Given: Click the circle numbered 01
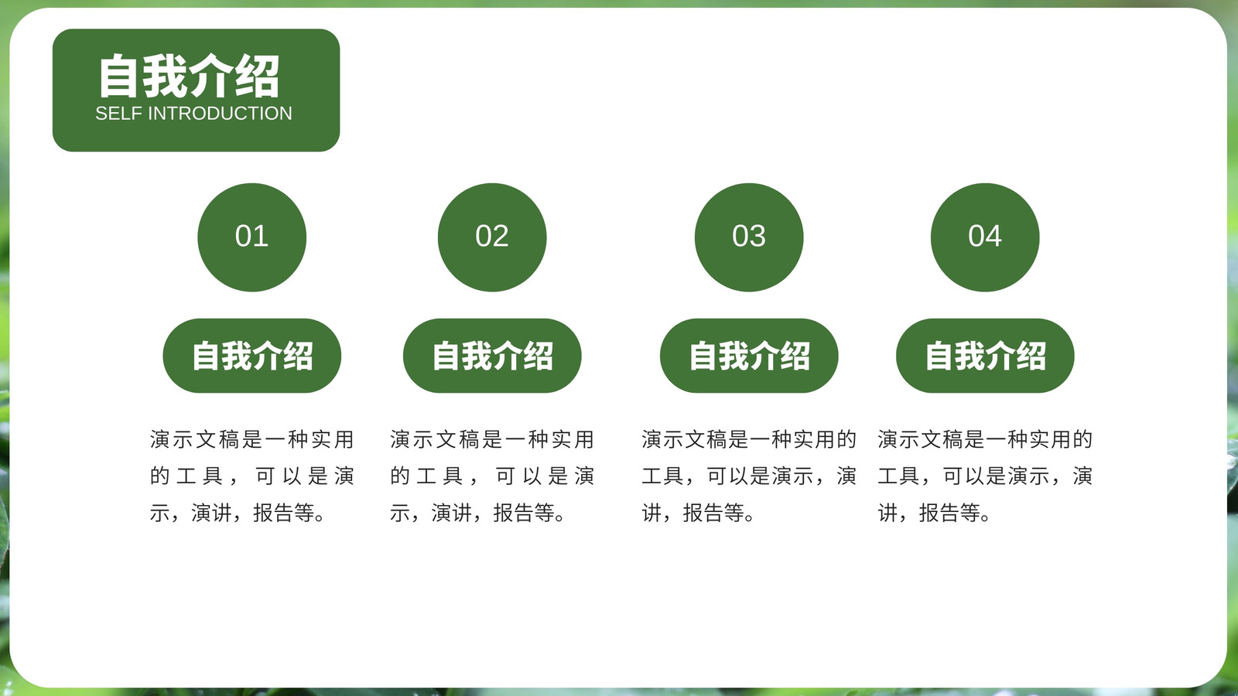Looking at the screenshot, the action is tap(252, 237).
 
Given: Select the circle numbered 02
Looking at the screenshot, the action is tap(492, 237).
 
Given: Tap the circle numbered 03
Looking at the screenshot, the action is tap(749, 237).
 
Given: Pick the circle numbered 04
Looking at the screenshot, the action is tap(985, 237).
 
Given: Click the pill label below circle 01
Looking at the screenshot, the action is tap(252, 356).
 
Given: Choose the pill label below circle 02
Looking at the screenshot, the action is tap(492, 356).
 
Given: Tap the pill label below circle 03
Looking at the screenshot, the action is tap(749, 356).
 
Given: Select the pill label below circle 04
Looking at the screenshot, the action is tap(985, 356).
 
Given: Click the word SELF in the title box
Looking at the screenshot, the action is tap(119, 113).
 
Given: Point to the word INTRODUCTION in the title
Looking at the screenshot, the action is tap(221, 113).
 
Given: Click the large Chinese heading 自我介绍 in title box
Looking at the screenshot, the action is tap(189, 77).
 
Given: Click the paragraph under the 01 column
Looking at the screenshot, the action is tap(252, 476).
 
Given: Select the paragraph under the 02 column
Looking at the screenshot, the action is tap(492, 476).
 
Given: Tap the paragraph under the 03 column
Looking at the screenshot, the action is tap(749, 476).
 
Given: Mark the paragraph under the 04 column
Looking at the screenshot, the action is tap(985, 476).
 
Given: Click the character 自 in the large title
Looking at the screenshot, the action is tap(118, 77).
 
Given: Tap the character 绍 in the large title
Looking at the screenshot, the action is tap(258, 77).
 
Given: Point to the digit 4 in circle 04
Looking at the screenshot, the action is tap(993, 236).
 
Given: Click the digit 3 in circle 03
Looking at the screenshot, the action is tap(758, 236).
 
